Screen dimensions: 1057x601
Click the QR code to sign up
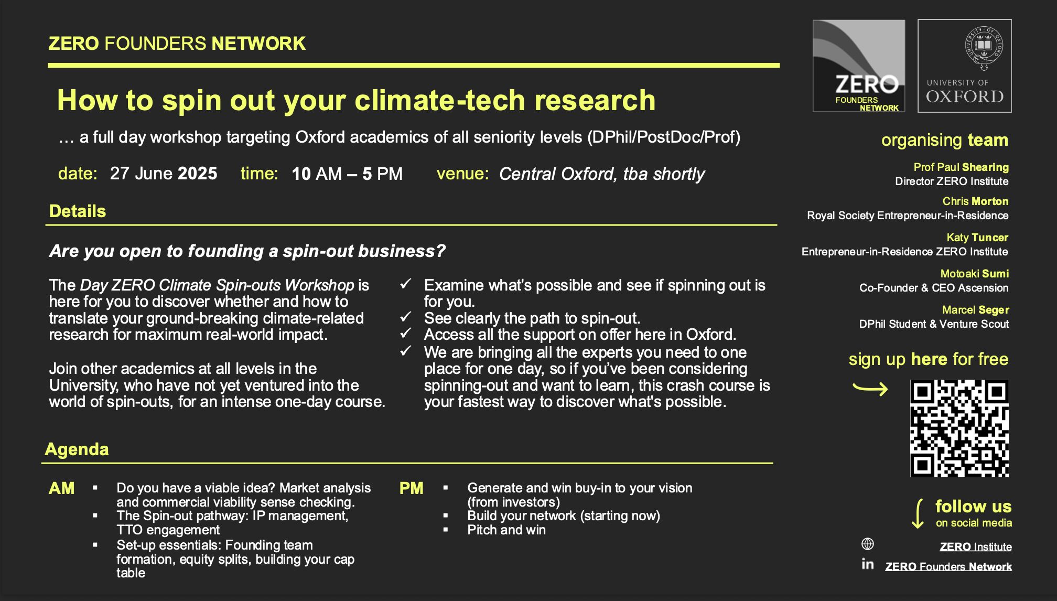[959, 428]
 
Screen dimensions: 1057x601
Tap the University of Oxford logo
[964, 66]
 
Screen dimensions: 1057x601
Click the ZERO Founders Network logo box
[859, 66]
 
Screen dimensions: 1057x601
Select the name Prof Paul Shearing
[961, 167]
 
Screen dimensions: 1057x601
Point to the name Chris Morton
[975, 201]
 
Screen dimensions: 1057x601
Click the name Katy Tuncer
[977, 238]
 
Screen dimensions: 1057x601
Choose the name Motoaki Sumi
[974, 274]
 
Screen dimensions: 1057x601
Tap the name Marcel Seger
[975, 310]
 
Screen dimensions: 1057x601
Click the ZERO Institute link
[975, 546]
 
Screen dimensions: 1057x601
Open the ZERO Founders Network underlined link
[948, 566]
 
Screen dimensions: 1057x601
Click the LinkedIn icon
[868, 564]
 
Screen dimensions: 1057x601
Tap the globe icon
[868, 544]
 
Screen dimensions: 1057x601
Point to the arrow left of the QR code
[870, 388]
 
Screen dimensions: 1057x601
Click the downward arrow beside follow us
[919, 514]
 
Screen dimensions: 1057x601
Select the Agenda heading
[77, 449]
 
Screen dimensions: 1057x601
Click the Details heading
[78, 211]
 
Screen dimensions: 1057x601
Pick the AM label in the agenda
[61, 488]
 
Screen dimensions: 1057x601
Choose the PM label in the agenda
[411, 488]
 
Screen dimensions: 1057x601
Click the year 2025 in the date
[197, 174]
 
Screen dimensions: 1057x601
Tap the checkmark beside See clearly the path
[405, 317]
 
